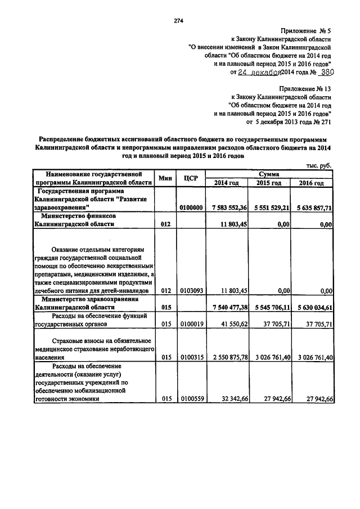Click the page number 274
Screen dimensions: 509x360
[x=179, y=21]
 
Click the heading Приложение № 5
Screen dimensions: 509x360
[x=304, y=31]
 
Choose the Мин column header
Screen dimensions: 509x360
[x=165, y=178]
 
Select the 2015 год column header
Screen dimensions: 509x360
[x=269, y=183]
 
